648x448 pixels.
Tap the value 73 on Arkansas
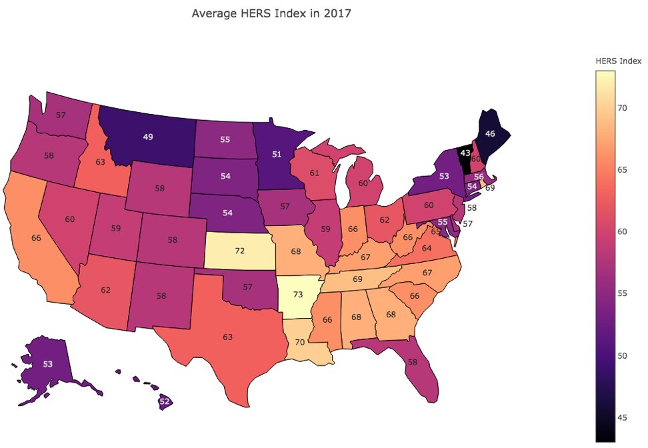[297, 295]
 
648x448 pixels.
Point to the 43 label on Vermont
[465, 153]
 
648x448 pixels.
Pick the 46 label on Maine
[490, 133]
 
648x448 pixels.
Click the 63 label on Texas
[227, 337]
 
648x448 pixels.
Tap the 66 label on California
[37, 237]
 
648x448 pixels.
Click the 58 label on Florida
[412, 361]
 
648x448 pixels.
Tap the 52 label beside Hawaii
[164, 401]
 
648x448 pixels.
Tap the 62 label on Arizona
[107, 290]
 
